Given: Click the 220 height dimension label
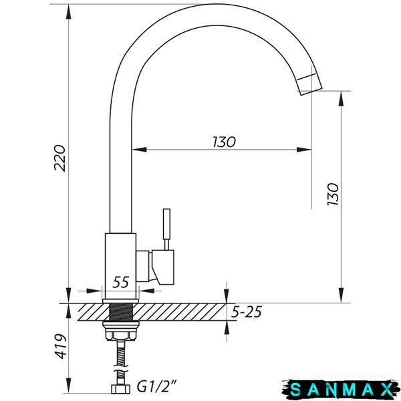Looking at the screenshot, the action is tap(60, 158).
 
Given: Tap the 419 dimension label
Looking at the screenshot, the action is tap(61, 346).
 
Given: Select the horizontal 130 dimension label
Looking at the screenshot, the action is tap(225, 142).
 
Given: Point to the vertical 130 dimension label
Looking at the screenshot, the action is tap(333, 194).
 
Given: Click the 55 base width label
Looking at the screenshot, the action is tap(121, 282).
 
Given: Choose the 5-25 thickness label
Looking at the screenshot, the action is tap(247, 311).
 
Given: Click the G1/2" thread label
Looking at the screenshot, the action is tap(157, 386).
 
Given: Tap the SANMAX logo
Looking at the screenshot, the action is tap(341, 390).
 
